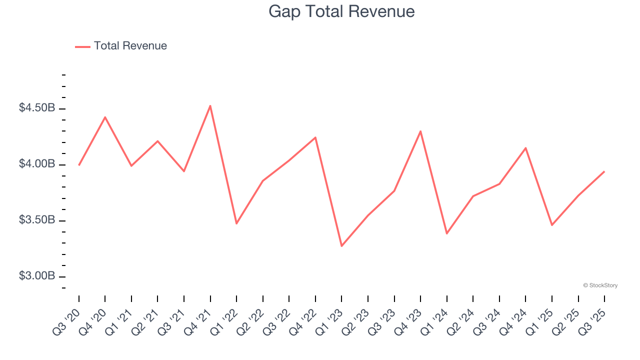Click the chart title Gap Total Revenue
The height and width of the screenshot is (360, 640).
[x=341, y=11]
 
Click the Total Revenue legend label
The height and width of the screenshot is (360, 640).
[x=130, y=46]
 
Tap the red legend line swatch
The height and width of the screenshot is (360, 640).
[x=82, y=46]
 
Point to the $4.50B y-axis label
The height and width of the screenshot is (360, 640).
[x=37, y=108]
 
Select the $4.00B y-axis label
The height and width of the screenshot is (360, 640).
[x=37, y=164]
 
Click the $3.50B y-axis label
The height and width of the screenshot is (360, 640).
[x=37, y=220]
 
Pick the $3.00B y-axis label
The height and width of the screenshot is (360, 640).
[x=37, y=276]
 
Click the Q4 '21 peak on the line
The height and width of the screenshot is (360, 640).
[x=210, y=105]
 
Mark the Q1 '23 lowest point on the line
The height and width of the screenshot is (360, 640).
[x=341, y=246]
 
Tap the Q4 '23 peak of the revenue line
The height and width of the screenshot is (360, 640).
[x=420, y=131]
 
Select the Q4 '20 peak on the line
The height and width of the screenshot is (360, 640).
[x=105, y=117]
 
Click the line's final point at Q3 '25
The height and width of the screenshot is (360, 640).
[x=604, y=171]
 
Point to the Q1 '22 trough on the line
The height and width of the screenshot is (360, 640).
[x=236, y=223]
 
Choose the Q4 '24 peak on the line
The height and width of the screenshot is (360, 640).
[x=525, y=147]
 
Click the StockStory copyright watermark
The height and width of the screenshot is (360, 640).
[x=600, y=285]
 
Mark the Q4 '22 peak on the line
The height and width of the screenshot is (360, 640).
[x=315, y=137]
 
